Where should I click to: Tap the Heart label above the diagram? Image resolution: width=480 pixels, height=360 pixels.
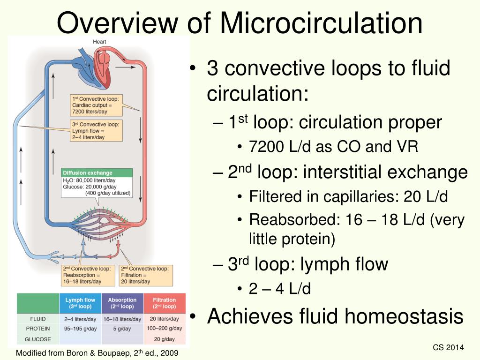pos(99,42)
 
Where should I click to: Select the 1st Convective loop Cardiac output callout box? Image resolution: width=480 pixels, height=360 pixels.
pos(96,105)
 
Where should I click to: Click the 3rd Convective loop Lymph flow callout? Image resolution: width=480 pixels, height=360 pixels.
pos(96,131)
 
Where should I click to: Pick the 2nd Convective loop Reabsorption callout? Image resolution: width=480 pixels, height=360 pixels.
pos(88,275)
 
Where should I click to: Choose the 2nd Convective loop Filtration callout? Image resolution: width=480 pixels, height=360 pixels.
pos(146,275)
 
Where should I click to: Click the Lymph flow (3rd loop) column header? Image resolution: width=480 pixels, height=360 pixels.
pos(80,303)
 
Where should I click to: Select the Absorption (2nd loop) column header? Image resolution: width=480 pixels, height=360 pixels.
pos(122,303)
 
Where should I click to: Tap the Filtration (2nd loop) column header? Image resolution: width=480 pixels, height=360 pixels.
pos(164,303)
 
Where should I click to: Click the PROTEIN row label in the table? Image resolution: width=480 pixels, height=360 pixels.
pos(38,329)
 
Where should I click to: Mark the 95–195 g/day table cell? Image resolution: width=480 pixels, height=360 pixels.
pos(80,329)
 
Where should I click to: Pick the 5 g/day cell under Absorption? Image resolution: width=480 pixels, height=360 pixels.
pos(122,329)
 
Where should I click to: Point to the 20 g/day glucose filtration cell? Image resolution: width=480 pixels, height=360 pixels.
pos(164,339)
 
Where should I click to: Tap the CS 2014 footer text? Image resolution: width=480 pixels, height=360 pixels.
pos(448,347)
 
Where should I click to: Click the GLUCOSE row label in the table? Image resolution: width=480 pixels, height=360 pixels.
pos(38,339)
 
